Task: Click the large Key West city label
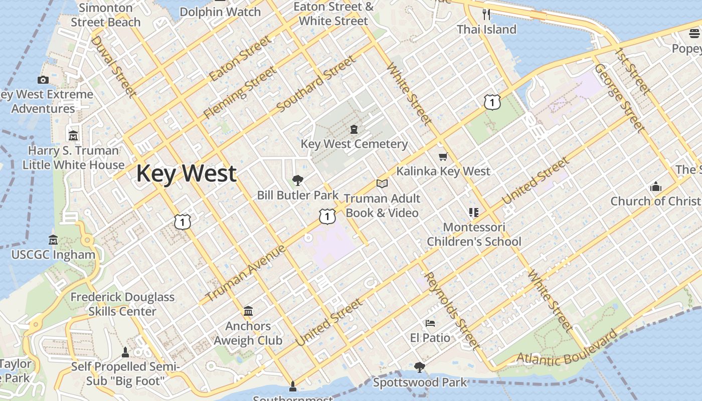186,173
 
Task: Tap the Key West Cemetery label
354,144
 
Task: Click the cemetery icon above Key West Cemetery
355,129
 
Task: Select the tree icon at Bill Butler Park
298,180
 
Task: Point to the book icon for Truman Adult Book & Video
382,184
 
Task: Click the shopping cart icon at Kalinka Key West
443,157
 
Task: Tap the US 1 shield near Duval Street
183,221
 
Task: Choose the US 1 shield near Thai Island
492,102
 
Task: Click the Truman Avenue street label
245,273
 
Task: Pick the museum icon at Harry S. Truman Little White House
73,136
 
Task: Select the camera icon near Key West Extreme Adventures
43,80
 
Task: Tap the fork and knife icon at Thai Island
486,14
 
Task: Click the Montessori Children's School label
474,235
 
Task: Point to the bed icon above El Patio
430,323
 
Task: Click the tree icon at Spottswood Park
420,368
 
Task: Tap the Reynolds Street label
451,311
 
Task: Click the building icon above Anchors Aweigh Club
248,311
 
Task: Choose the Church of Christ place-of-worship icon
655,187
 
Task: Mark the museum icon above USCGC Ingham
53,240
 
